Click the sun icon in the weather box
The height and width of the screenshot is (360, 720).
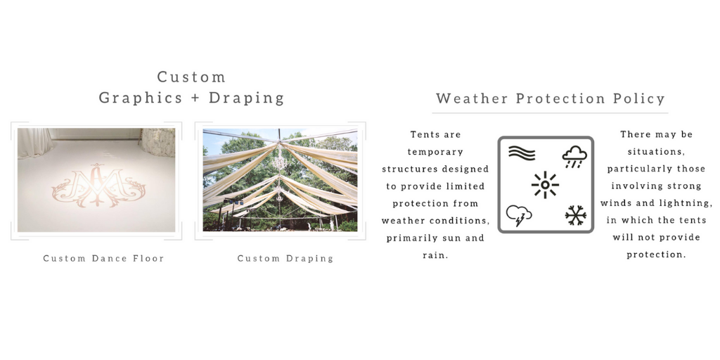click(x=545, y=185)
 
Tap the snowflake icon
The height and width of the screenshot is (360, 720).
click(x=575, y=215)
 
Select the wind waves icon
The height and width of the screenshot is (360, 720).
click(x=522, y=153)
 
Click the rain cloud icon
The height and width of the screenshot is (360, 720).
click(x=574, y=157)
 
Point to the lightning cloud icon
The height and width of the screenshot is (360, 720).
click(x=519, y=215)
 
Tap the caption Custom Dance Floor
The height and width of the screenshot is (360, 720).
click(x=104, y=258)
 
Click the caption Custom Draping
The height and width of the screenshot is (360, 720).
click(x=285, y=259)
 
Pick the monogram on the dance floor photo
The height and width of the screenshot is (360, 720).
click(x=98, y=186)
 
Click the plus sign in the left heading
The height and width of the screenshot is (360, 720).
click(x=195, y=98)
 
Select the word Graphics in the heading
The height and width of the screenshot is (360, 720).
click(x=141, y=98)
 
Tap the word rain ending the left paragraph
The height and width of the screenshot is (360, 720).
click(x=435, y=255)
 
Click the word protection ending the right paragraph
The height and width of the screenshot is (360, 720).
click(x=656, y=255)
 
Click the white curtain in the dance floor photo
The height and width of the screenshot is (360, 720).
click(x=32, y=142)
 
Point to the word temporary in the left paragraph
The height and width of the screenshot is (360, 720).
click(x=435, y=152)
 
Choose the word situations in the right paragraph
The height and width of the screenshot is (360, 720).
click(x=656, y=152)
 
